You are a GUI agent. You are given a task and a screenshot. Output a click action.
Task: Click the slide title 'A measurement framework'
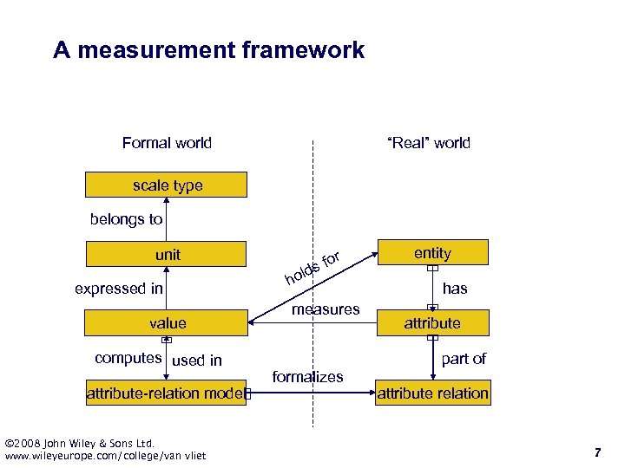point(208,50)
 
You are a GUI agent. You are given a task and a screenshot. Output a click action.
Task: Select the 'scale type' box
point(166,185)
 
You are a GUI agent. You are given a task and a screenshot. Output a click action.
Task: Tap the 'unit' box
point(166,255)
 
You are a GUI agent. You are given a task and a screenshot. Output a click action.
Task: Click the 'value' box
point(166,323)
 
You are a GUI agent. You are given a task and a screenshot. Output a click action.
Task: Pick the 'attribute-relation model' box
point(166,393)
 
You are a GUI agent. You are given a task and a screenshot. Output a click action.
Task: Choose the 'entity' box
point(432,253)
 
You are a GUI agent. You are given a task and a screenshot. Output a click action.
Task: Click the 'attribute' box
point(432,323)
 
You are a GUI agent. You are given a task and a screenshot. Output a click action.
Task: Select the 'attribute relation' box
point(432,393)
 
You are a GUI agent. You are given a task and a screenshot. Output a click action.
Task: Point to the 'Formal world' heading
point(167,143)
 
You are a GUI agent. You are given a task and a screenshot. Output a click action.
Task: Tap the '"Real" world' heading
point(429,143)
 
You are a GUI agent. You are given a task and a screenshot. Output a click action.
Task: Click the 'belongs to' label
point(126,219)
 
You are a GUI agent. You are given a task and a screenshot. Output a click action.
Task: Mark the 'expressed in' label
point(119,289)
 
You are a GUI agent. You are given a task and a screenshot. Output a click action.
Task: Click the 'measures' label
point(326,309)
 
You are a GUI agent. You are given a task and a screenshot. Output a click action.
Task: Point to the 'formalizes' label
point(307,376)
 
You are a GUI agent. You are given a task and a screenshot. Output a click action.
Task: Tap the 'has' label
point(455,289)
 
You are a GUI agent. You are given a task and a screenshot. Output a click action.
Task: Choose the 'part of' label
point(464,358)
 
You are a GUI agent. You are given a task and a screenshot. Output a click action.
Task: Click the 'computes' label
point(128,358)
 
